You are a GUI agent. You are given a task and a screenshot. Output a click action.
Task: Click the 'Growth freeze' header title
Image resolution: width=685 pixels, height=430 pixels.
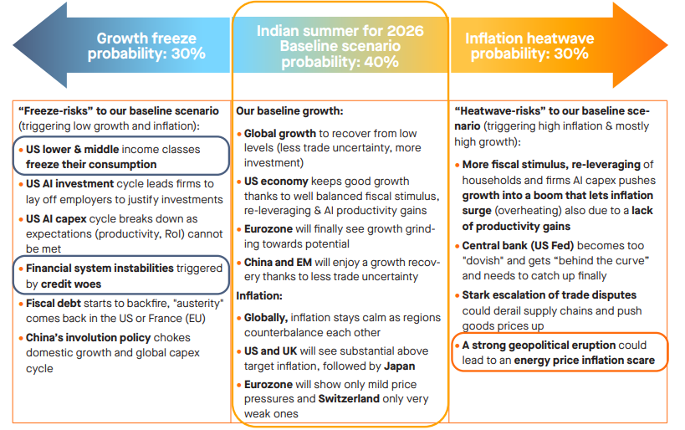point(146,38)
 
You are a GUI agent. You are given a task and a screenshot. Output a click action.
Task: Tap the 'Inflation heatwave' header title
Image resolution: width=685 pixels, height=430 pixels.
point(529,38)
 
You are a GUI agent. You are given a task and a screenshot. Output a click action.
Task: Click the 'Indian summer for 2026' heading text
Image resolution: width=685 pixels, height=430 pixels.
point(340,31)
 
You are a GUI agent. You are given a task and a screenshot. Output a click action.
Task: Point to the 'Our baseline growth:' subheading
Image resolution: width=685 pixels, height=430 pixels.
point(289,110)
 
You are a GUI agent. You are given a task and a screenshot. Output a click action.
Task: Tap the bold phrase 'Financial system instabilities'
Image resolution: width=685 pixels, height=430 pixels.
point(100,269)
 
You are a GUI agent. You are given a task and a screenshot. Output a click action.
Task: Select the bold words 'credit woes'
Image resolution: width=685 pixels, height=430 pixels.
point(72,284)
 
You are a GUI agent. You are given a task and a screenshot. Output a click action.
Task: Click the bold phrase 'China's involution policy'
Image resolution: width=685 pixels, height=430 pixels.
point(89,338)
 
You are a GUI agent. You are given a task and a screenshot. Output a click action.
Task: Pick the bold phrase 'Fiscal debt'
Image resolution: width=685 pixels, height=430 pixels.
point(53,303)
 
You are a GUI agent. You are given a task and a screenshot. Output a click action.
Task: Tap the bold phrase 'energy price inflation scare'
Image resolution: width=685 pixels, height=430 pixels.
point(585,360)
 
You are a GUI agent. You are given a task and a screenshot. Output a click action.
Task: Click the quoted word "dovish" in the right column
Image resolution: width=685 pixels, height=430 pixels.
point(483,261)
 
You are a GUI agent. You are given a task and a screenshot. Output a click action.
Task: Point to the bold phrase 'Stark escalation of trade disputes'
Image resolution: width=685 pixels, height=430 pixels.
point(550,295)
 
